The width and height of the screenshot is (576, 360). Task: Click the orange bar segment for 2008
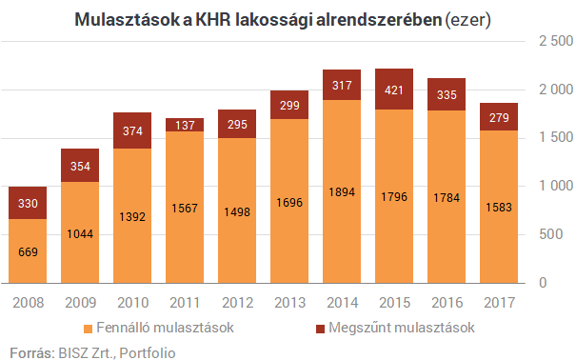coord(28,251)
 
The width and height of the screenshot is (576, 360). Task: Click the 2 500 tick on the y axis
coord(554,42)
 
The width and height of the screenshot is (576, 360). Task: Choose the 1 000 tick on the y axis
coord(554,187)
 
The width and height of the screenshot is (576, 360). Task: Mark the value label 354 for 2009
coord(80,166)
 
